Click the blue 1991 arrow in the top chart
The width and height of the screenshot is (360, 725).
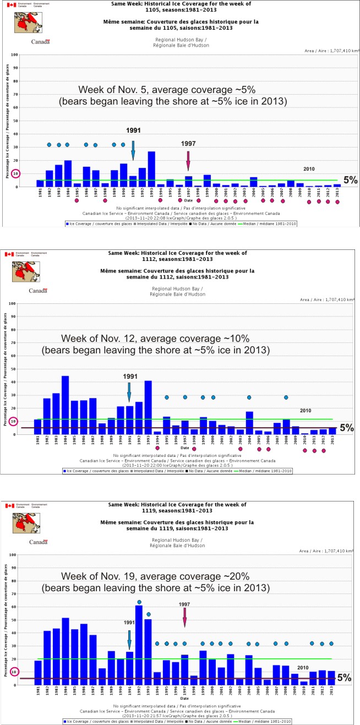(133, 150)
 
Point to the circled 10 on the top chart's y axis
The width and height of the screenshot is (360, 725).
(16, 173)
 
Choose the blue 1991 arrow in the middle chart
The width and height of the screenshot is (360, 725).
(129, 392)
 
